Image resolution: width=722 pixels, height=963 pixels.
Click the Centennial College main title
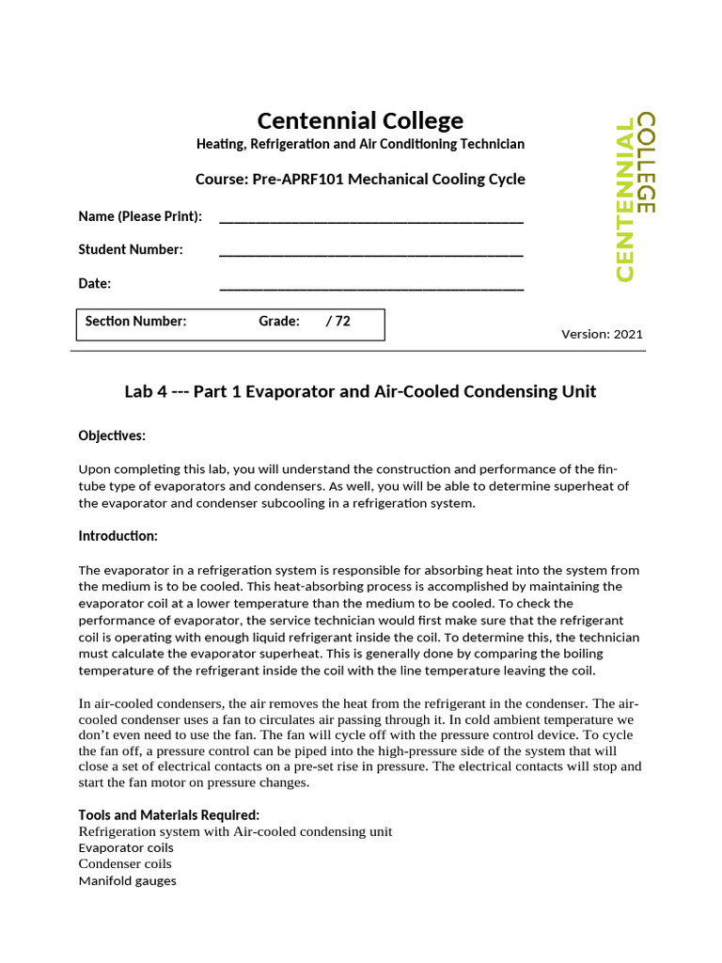pos(360,120)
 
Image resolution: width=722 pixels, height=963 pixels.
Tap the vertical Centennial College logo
pos(636,197)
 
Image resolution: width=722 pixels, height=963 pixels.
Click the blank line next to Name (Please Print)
pos(370,219)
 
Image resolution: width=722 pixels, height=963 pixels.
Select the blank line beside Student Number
pos(370,252)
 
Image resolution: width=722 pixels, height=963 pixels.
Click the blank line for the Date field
pos(370,286)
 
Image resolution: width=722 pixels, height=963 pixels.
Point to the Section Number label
pos(136,321)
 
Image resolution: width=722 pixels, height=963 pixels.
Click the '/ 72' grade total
pos(337,321)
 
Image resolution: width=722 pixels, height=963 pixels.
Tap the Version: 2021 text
pos(602,334)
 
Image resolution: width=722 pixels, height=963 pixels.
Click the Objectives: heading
pos(112,435)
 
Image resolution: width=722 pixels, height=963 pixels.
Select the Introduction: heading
pos(118,536)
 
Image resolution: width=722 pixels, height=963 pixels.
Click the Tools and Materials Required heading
pos(169,814)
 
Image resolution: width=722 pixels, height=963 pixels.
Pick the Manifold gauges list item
pos(127,881)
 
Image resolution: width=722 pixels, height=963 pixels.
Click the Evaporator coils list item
pos(126,847)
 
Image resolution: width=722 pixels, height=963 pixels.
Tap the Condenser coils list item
pos(125,864)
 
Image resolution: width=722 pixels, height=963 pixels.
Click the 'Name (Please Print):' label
pos(140,216)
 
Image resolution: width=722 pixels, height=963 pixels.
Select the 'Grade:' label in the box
pos(279,321)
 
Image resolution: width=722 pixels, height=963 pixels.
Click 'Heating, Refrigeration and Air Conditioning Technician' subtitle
pos(360,144)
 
